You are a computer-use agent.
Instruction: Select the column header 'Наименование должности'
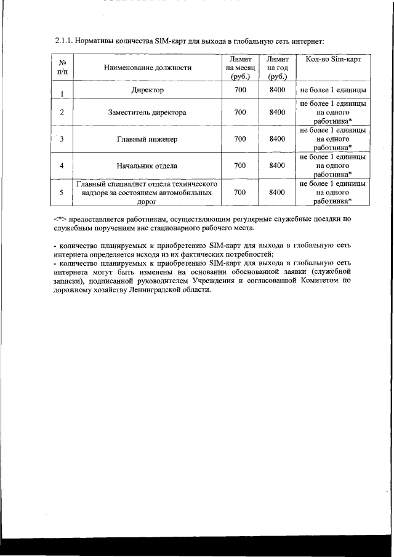(148, 68)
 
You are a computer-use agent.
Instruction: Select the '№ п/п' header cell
(62, 68)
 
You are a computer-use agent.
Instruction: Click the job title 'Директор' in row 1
(147, 91)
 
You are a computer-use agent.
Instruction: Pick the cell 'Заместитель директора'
(147, 113)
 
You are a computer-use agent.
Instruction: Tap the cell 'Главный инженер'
(147, 139)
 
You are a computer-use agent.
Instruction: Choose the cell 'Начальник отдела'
(147, 166)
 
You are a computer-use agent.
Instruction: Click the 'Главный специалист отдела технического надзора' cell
(147, 192)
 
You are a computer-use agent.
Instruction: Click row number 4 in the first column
(62, 166)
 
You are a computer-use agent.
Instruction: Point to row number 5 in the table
(62, 193)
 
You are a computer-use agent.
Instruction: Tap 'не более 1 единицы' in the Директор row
(333, 91)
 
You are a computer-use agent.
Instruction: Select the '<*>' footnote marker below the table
(60, 218)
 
